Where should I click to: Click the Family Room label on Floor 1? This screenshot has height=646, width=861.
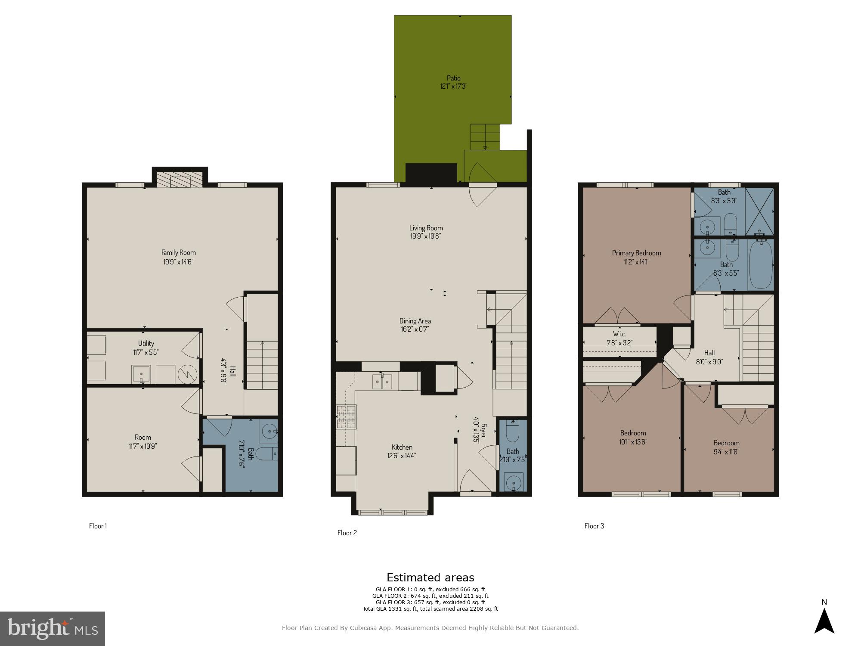(178, 253)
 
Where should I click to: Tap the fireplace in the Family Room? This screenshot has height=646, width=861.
(180, 181)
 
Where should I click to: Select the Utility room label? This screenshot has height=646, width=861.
(146, 343)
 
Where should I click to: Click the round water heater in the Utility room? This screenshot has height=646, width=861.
(187, 374)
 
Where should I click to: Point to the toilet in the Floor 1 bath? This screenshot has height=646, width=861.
(269, 453)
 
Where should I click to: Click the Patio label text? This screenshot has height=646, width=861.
(453, 78)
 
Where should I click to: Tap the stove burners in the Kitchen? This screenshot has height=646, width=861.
(347, 417)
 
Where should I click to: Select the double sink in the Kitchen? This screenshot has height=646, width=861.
(382, 382)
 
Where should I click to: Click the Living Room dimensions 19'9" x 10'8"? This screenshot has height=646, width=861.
(426, 236)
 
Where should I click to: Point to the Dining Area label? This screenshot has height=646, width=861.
(415, 321)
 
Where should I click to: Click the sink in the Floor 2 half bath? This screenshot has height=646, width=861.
(513, 483)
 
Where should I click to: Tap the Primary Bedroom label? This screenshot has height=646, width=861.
(636, 253)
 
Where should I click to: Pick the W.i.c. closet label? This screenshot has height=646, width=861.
(619, 334)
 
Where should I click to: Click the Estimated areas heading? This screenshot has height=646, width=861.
(430, 578)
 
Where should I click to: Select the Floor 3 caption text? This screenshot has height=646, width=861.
(594, 526)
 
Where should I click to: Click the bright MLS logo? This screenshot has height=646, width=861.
(52, 629)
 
